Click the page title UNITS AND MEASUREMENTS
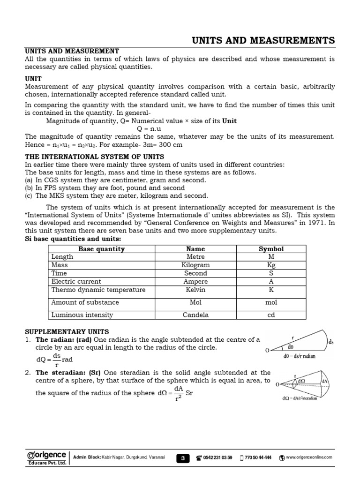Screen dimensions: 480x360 pos(263,40)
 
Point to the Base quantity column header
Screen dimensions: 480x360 pos(101,249)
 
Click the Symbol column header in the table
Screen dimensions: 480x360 pos(271,249)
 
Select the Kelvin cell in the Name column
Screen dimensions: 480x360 pos(195,290)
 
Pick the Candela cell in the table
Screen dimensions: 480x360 pos(195,315)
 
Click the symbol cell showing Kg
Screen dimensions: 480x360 pos(271,265)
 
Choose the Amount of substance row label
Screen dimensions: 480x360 pos(85,302)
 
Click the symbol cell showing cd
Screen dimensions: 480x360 pos(271,315)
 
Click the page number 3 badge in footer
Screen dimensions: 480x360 pos(183,457)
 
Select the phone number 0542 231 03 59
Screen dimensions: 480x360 pos(217,457)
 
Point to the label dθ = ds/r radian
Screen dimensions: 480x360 pos(300,356)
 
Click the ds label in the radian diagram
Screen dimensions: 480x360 pos(331,342)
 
